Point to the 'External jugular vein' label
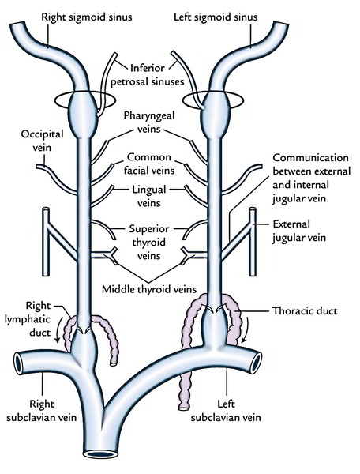point(313,230)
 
